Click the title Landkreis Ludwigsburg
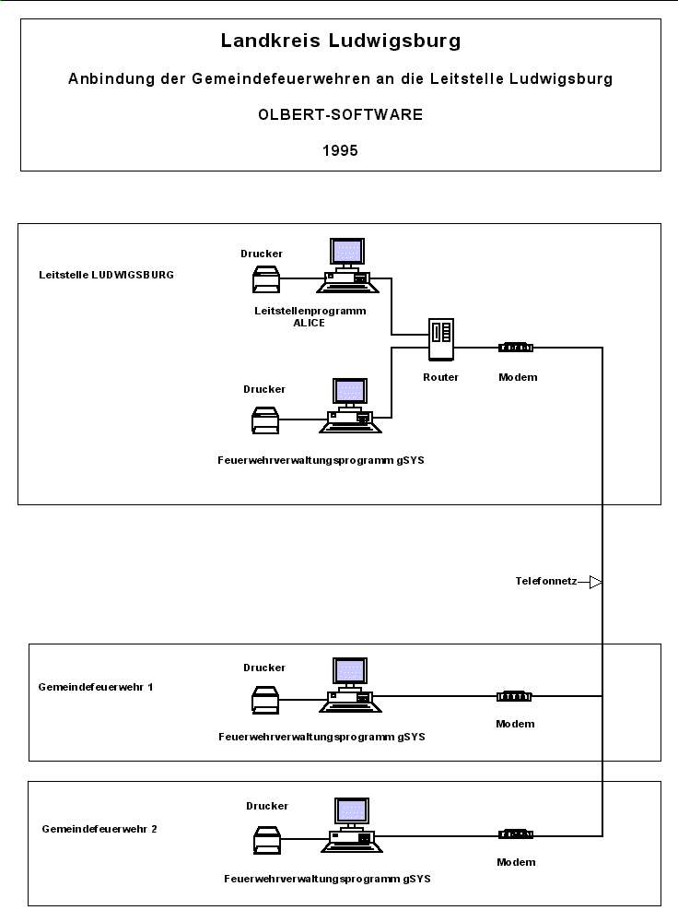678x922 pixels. [340, 41]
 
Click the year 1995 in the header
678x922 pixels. [340, 150]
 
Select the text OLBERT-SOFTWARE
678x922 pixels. [340, 115]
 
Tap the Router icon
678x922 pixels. [440, 339]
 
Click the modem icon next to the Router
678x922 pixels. [516, 348]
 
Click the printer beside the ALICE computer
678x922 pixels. [265, 278]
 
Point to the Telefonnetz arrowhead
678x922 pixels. [595, 582]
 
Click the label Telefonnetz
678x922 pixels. [546, 582]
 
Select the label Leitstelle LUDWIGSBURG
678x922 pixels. [107, 275]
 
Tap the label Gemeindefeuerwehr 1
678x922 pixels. [97, 687]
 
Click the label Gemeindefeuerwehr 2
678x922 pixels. [99, 829]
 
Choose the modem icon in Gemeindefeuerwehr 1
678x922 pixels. [514, 696]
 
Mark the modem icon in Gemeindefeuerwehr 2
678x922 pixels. [516, 834]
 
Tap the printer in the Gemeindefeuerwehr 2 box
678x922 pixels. [267, 841]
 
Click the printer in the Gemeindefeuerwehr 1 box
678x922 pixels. [265, 700]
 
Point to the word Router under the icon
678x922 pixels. [440, 377]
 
